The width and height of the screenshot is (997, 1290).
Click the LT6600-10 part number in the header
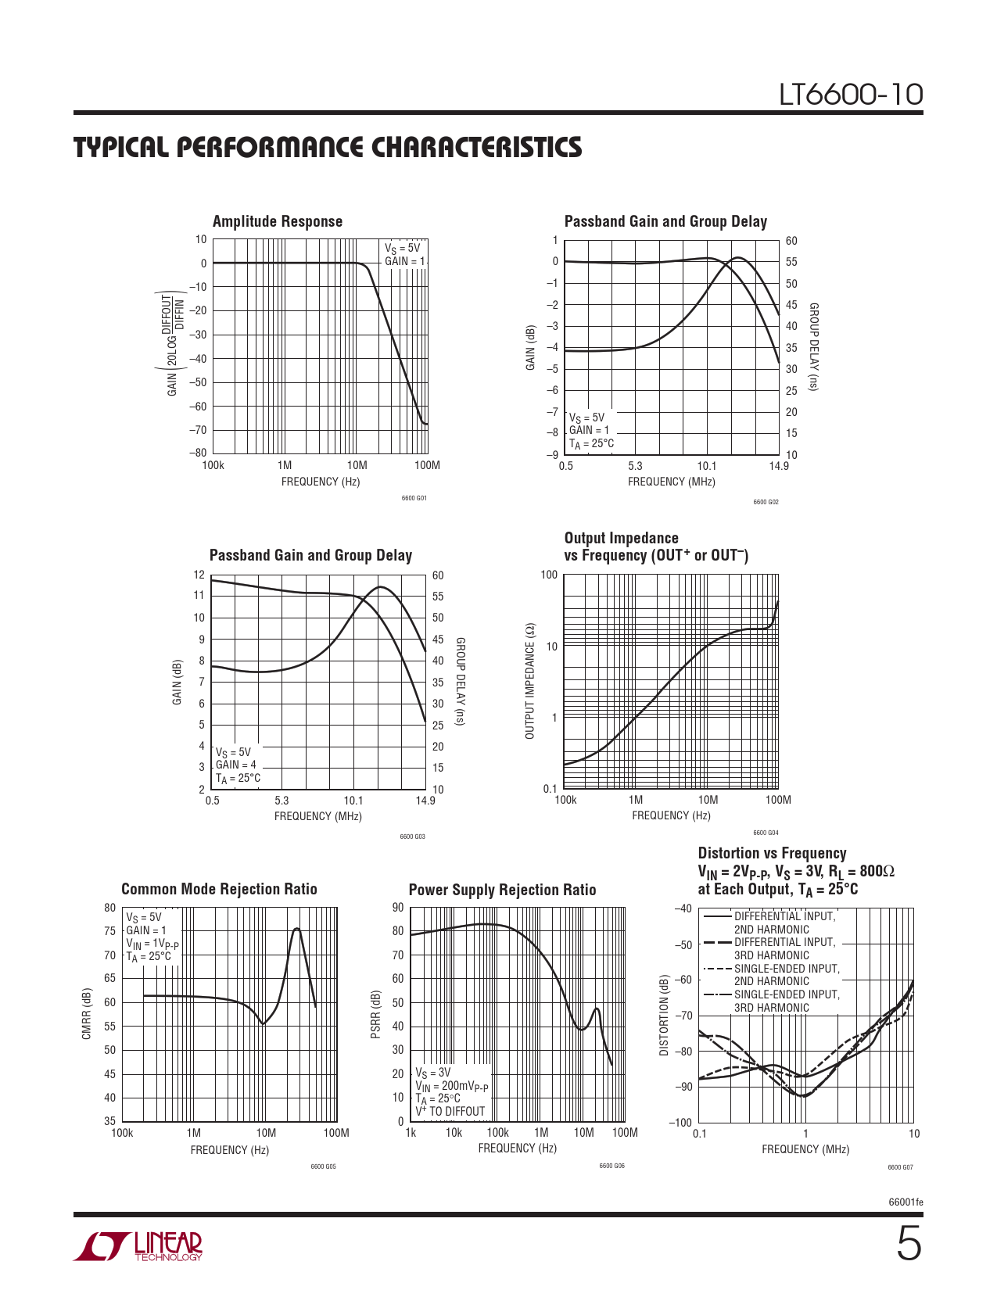[851, 95]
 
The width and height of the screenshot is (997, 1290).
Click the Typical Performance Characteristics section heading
[328, 147]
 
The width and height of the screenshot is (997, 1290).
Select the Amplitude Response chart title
[278, 221]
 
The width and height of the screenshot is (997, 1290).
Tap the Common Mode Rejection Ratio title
[219, 889]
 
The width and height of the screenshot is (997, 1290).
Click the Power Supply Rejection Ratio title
[502, 890]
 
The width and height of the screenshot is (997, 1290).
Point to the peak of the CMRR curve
[296, 929]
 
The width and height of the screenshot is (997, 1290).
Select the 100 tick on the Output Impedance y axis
[549, 575]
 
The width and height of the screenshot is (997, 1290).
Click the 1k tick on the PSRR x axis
[411, 1132]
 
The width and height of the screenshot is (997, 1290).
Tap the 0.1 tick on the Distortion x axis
[699, 1134]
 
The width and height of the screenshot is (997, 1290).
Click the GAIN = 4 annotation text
[235, 765]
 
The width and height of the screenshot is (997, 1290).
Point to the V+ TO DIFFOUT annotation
[450, 1111]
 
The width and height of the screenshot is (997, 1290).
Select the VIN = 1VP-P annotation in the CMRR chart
[152, 944]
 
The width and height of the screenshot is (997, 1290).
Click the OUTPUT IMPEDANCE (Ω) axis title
[530, 681]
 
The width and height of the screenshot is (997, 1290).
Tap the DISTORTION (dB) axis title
[665, 1015]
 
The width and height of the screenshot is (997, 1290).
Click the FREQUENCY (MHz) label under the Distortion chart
[805, 1149]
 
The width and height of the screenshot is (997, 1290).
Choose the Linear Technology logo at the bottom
[138, 1246]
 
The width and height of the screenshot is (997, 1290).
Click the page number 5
[908, 1245]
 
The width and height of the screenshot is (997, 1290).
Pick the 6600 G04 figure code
[766, 833]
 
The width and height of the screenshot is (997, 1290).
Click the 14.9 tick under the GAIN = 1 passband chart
[778, 466]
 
